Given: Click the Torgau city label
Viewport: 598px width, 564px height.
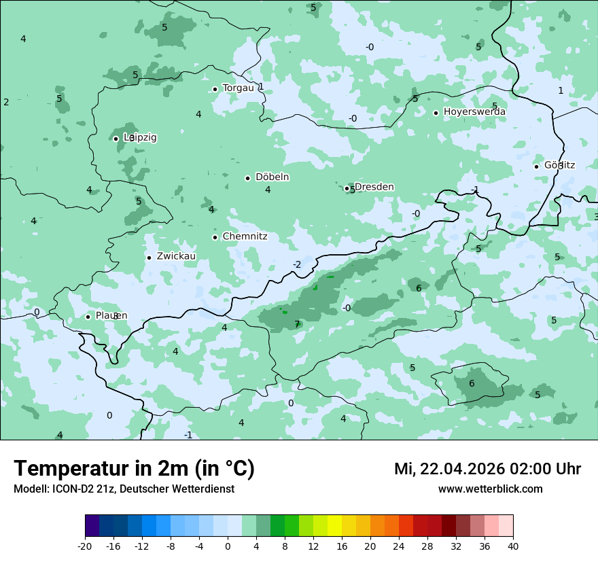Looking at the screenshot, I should (238, 88).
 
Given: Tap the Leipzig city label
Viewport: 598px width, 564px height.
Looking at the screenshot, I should (140, 138).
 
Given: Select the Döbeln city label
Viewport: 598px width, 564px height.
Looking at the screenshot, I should (272, 177).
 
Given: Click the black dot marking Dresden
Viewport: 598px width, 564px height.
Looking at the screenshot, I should (347, 188).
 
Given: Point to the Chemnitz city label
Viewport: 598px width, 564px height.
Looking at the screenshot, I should (245, 237).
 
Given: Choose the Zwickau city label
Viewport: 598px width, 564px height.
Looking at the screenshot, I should (176, 257).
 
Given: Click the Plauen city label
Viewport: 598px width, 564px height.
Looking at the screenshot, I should (111, 316).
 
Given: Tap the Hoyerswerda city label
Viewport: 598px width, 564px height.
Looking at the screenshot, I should (474, 112).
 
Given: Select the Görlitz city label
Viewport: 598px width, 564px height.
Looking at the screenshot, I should (559, 165).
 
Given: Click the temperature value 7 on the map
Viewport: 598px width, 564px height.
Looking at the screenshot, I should (297, 325).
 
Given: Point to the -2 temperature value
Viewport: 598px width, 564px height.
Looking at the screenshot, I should (296, 264).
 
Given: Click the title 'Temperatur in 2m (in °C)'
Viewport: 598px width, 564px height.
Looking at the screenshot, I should (135, 469).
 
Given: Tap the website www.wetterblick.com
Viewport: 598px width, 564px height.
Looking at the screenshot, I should (490, 489).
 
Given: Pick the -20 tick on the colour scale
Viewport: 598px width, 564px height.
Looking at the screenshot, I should (85, 546).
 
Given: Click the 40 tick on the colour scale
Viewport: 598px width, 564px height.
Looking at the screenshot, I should (512, 546).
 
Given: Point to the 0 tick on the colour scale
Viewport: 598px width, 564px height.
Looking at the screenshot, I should (228, 546).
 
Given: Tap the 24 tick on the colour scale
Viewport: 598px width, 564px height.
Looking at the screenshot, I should (398, 546).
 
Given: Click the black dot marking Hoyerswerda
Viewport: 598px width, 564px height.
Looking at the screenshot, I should (436, 113).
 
